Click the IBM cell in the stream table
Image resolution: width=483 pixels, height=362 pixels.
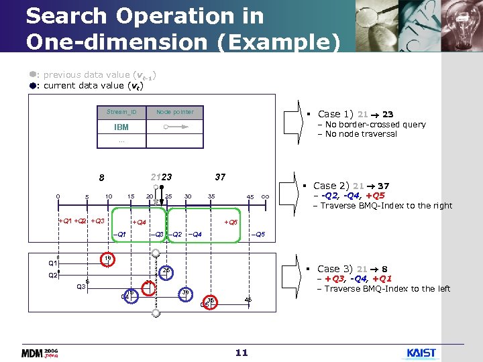(x=122, y=127)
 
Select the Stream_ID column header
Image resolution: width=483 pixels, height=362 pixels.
(x=122, y=112)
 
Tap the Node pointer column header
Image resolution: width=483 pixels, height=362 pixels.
(x=174, y=112)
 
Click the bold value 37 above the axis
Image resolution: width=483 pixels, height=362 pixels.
(x=220, y=177)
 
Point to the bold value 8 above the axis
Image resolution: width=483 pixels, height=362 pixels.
(x=101, y=178)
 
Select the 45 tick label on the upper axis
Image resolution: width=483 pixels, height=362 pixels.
(x=250, y=197)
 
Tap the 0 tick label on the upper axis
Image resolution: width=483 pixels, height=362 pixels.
(x=58, y=196)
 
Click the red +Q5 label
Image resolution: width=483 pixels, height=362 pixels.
(x=231, y=222)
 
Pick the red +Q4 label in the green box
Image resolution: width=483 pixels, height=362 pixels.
(x=140, y=222)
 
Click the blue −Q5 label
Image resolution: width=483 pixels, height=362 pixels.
(x=258, y=234)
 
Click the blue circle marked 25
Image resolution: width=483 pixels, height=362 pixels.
(x=165, y=271)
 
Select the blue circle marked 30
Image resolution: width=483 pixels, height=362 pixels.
(x=186, y=294)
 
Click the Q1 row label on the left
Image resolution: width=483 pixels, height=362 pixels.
(x=52, y=263)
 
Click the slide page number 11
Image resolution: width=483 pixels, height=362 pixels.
(x=242, y=353)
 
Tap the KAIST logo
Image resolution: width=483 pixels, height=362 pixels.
(x=421, y=353)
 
